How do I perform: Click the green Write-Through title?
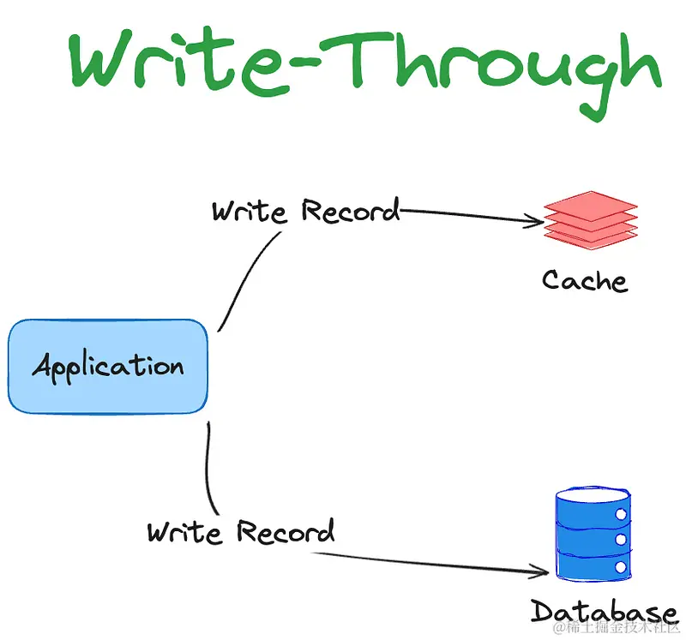pos(365,72)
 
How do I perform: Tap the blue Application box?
pos(108,367)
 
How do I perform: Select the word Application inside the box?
pos(108,368)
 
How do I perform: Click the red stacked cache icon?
pos(590,220)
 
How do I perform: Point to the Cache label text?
pos(585,280)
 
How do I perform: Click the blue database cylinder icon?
pos(593,535)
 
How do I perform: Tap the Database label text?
pos(604,611)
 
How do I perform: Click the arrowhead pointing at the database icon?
pos(541,571)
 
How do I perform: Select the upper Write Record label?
pos(306,210)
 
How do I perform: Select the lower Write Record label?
pos(241,531)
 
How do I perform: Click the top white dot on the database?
pos(621,514)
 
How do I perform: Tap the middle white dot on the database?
pos(621,540)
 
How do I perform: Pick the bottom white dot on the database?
pos(621,567)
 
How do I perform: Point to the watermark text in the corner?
pos(616,628)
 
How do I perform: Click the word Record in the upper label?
pos(351,210)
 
